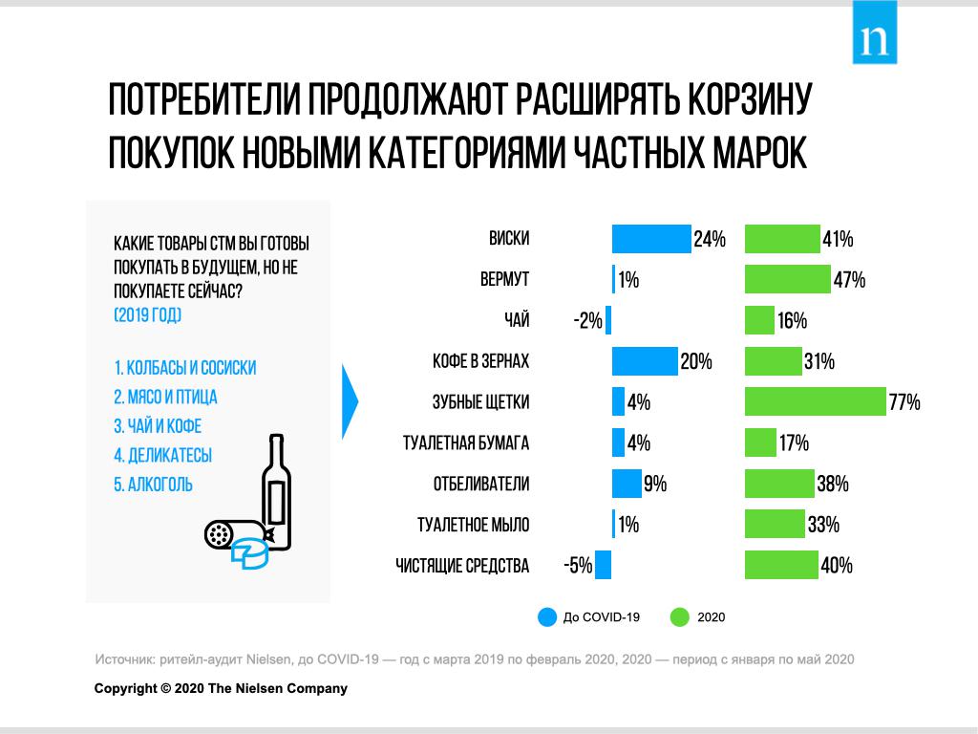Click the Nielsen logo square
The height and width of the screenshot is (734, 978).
[x=875, y=32]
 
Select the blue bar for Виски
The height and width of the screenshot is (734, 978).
[x=650, y=239]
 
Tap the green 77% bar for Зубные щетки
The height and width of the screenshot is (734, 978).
[x=815, y=402]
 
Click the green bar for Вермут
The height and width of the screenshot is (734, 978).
[x=787, y=279]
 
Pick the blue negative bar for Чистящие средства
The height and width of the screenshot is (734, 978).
[x=603, y=566]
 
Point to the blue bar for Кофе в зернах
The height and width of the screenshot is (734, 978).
[x=644, y=361]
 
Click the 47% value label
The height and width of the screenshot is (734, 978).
[x=848, y=280]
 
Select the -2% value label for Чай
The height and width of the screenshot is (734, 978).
[x=587, y=321]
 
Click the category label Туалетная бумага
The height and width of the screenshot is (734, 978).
[x=466, y=443]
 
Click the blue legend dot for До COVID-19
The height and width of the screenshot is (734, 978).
[x=546, y=617]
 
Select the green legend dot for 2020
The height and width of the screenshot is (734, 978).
[x=680, y=617]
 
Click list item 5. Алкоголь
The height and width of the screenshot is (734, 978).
[x=153, y=485]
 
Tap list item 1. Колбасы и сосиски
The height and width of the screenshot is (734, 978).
[x=184, y=368]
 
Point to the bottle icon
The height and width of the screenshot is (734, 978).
[x=277, y=492]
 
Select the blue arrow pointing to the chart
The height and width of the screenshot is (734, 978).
[x=350, y=402]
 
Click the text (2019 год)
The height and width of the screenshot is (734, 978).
[x=147, y=314]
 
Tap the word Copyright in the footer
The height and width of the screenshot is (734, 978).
[x=124, y=688]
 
